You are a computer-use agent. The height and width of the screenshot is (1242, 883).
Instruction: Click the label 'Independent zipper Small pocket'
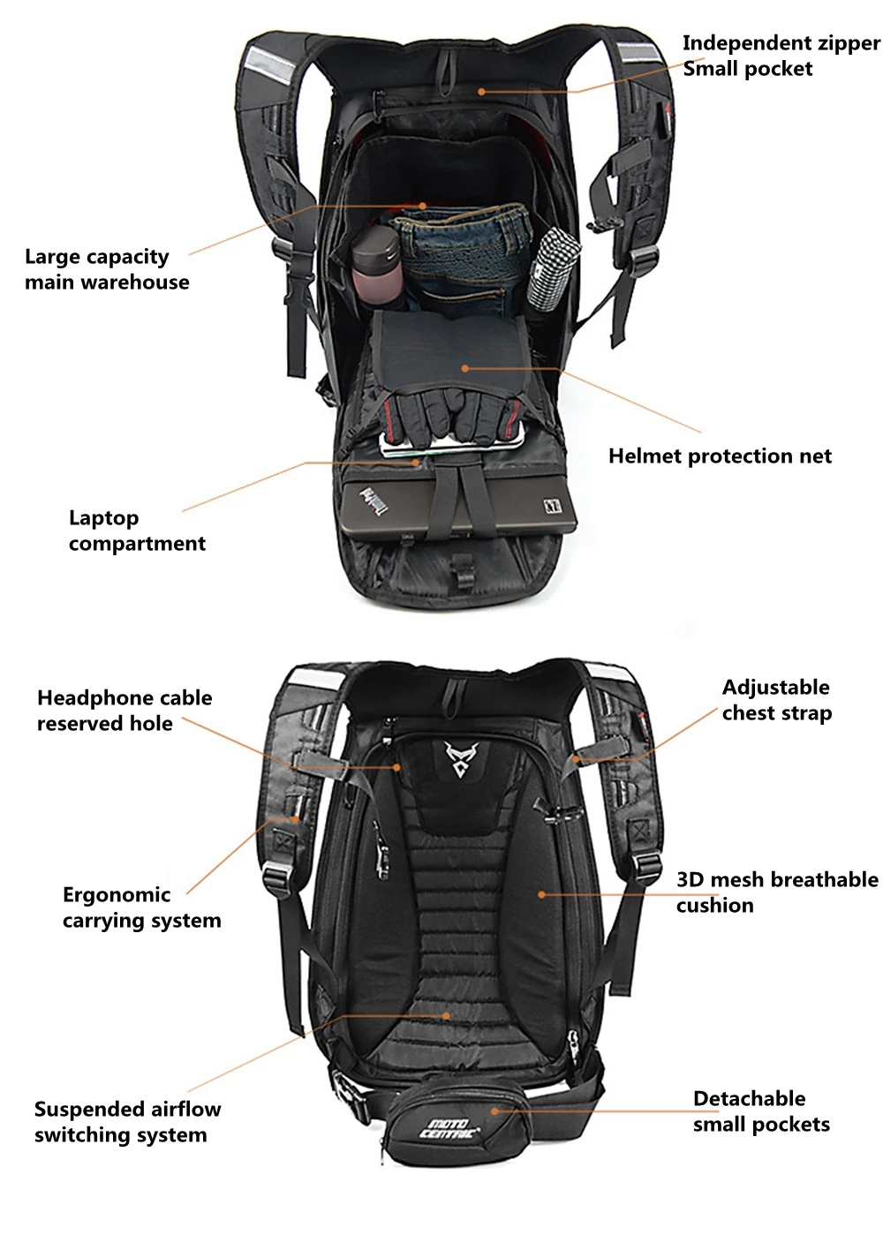click(781, 56)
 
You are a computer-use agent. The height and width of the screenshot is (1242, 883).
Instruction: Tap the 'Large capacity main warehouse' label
click(107, 269)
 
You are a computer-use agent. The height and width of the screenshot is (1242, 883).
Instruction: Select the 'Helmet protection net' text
click(720, 456)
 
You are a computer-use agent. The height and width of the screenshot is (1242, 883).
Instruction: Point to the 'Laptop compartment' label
click(137, 531)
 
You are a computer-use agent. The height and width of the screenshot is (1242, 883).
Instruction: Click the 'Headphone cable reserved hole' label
click(125, 711)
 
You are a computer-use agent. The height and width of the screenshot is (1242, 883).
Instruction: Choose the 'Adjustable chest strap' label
click(776, 700)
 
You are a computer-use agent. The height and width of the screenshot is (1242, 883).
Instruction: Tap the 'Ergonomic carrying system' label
click(141, 907)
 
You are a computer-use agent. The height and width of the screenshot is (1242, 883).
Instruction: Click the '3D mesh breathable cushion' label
click(777, 892)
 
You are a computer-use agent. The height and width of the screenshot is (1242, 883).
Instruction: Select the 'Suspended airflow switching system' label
click(127, 1122)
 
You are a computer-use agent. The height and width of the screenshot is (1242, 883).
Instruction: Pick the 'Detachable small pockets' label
click(761, 1111)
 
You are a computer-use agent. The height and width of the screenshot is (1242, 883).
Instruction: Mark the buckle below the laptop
click(460, 566)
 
